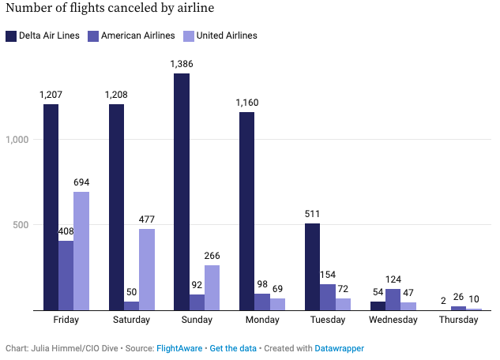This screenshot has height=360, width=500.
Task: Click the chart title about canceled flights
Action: point(110,10)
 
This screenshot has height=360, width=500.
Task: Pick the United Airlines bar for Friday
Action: point(81,251)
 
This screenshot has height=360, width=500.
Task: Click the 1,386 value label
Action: point(182,63)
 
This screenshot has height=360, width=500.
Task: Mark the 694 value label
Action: point(81,182)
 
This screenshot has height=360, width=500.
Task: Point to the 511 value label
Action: point(312,213)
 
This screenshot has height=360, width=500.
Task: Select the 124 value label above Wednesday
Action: point(393,279)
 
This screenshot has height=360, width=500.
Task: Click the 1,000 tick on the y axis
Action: point(17,140)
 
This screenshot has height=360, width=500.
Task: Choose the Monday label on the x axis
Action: point(262,321)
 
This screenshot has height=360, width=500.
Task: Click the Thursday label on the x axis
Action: point(458,321)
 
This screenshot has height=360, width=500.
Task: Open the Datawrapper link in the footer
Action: point(340,348)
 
